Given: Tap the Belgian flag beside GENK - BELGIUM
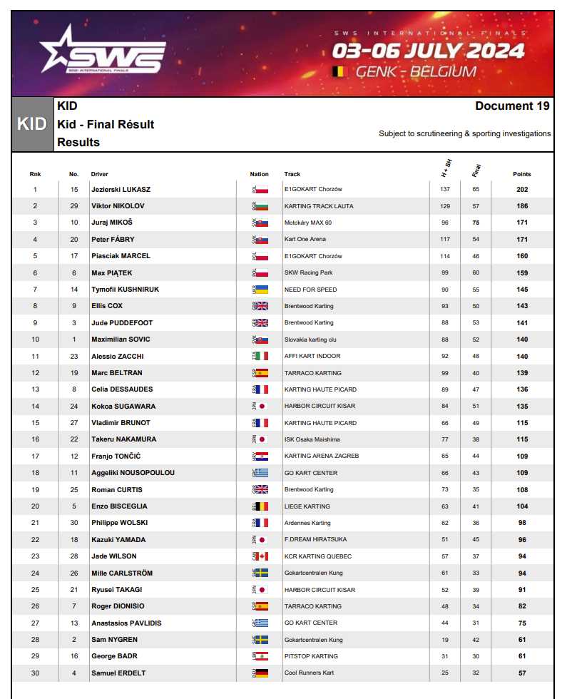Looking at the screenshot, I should pyautogui.click(x=338, y=71).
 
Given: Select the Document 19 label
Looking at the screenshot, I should pyautogui.click(x=512, y=106).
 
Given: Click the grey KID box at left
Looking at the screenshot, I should pyautogui.click(x=32, y=124).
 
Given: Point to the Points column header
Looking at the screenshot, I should pyautogui.click(x=522, y=174).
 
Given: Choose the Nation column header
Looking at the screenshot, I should pyautogui.click(x=260, y=174).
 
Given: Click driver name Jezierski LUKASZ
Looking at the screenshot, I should pyautogui.click(x=121, y=190).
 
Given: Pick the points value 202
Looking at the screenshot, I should pyautogui.click(x=522, y=190).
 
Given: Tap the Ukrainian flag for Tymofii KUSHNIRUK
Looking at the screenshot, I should pyautogui.click(x=262, y=290).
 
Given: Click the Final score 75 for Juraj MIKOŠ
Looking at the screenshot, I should pyautogui.click(x=476, y=223).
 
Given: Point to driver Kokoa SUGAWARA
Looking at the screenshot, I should pyautogui.click(x=123, y=407).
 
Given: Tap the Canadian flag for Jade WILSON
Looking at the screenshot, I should pyautogui.click(x=262, y=556).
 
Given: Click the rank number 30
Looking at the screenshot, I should pyautogui.click(x=35, y=673).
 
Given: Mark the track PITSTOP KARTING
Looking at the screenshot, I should pyautogui.click(x=311, y=656).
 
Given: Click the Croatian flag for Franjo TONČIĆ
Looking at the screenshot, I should pyautogui.click(x=262, y=456).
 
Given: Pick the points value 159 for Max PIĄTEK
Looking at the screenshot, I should pyautogui.click(x=522, y=273).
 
